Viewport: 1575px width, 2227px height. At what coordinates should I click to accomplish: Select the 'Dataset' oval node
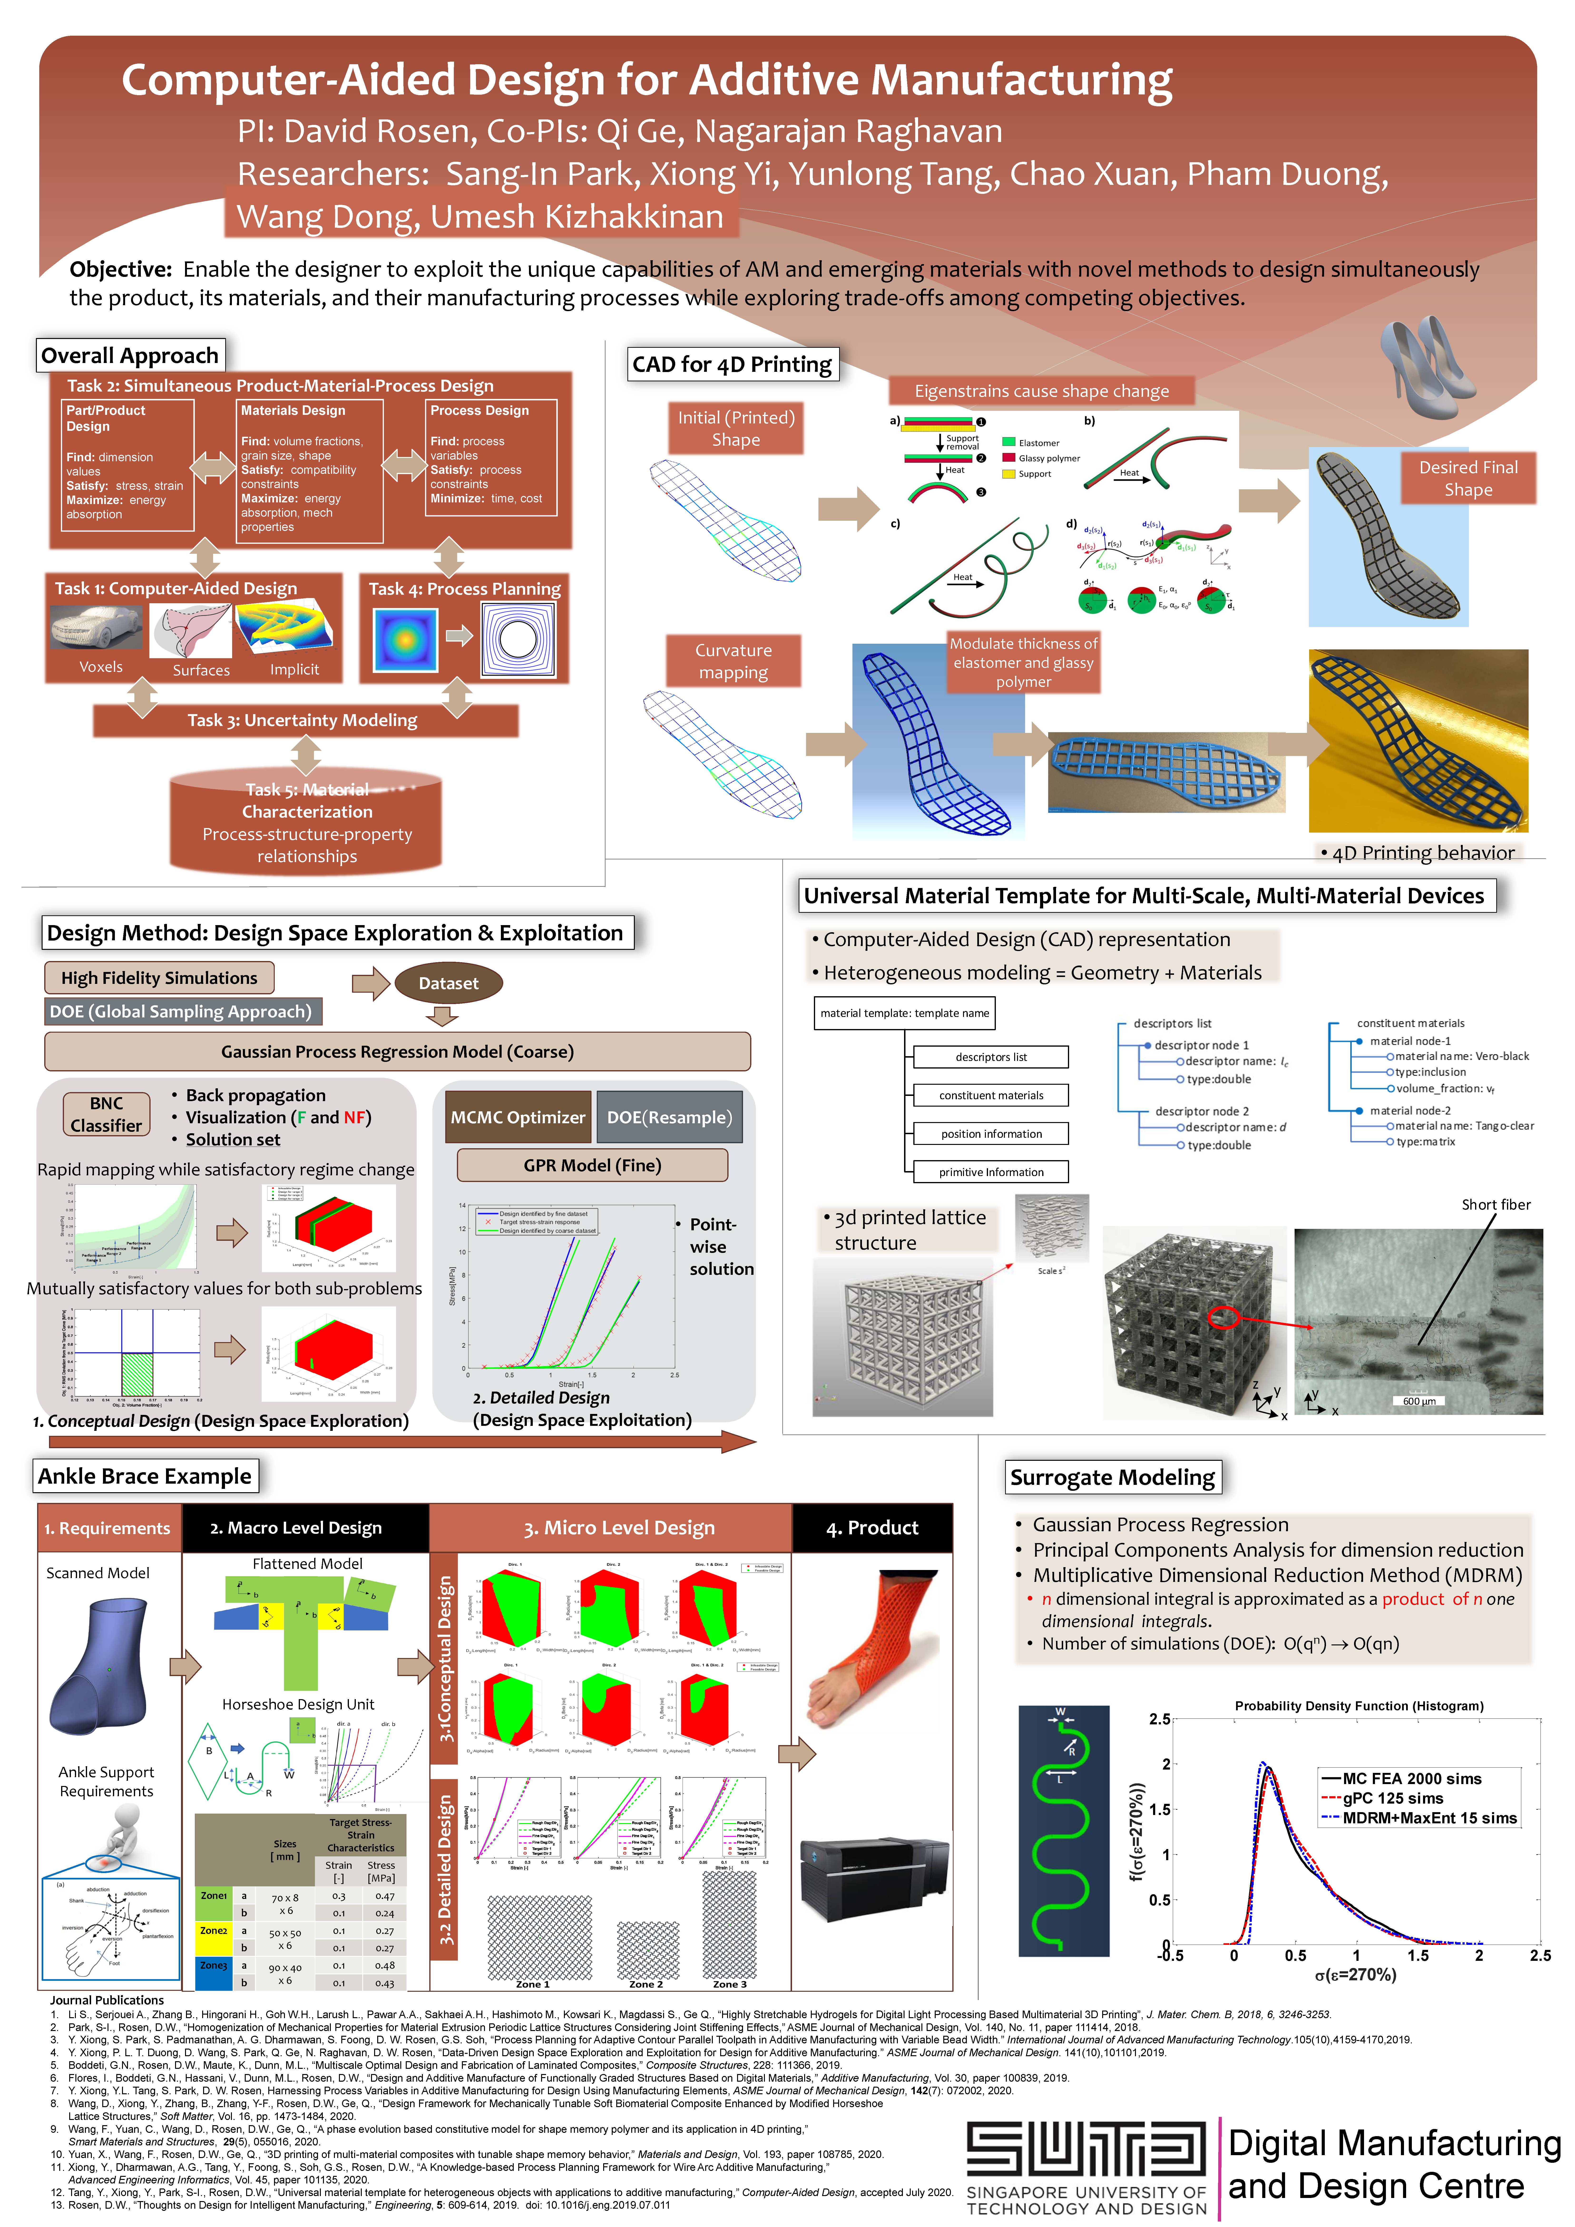click(x=448, y=983)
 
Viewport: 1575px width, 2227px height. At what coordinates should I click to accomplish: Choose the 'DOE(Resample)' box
click(x=669, y=1116)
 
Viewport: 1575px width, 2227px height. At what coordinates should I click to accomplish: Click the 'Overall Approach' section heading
click(x=130, y=355)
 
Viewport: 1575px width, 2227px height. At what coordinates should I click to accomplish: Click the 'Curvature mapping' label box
click(x=733, y=661)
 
